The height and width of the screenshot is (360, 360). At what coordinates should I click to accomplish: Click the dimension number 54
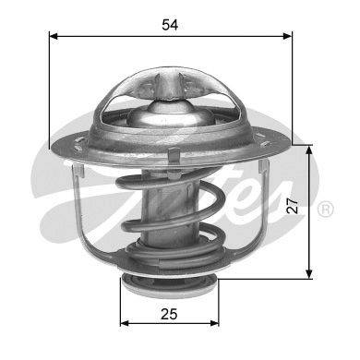170,25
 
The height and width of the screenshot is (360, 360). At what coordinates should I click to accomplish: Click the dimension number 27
293,206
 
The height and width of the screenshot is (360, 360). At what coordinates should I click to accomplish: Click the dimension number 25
169,314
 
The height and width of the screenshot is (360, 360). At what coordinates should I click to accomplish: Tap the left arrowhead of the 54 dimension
54,36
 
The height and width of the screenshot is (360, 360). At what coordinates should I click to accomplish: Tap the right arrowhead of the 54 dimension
287,36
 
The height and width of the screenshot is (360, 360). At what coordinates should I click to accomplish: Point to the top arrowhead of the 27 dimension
309,150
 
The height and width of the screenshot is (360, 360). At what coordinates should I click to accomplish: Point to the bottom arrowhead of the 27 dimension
309,274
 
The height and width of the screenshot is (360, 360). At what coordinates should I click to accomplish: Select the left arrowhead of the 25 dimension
125,323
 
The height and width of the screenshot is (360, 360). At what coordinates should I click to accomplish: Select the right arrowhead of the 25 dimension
214,323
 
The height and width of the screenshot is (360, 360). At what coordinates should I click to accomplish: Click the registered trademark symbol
325,210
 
